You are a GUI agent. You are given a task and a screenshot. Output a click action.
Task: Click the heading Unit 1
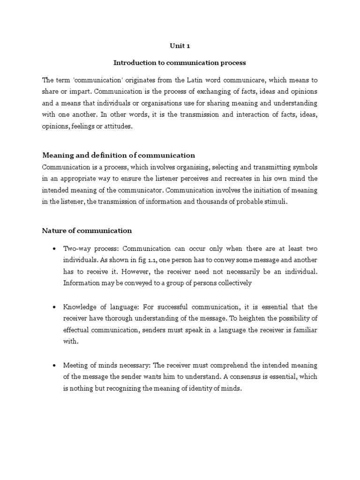tap(180, 46)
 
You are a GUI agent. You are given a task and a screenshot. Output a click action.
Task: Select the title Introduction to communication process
tap(180, 62)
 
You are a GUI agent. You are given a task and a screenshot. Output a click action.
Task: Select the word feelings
tap(86, 127)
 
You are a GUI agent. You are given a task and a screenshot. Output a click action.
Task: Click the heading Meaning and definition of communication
tap(119, 155)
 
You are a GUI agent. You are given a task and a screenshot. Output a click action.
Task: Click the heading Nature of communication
tap(87, 230)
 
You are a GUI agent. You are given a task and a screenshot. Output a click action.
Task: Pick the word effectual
tap(77, 330)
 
